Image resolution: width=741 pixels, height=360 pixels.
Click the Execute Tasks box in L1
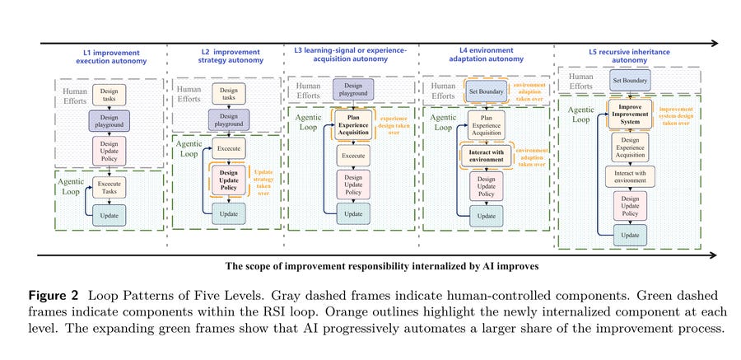point(110,187)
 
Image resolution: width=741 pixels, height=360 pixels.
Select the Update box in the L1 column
point(110,216)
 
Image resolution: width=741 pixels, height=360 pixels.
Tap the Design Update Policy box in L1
point(110,151)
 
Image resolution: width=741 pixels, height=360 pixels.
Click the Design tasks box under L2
point(229,94)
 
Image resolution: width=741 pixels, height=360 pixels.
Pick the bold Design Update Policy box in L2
point(229,180)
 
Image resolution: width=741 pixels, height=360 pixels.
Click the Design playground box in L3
point(353,90)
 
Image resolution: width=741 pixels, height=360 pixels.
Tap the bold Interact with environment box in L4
point(487,156)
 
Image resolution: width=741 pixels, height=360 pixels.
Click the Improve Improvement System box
point(630,114)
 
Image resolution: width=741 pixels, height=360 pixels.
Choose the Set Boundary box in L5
point(630,80)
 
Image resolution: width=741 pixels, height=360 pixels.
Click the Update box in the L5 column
point(630,235)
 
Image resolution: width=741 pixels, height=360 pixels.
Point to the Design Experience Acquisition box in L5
point(630,147)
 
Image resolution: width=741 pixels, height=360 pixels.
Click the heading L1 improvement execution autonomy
point(111,56)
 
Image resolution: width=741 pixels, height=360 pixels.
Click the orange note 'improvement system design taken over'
point(676,116)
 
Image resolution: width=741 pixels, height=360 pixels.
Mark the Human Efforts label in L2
point(189,94)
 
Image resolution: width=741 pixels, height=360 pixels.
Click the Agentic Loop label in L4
point(443,123)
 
